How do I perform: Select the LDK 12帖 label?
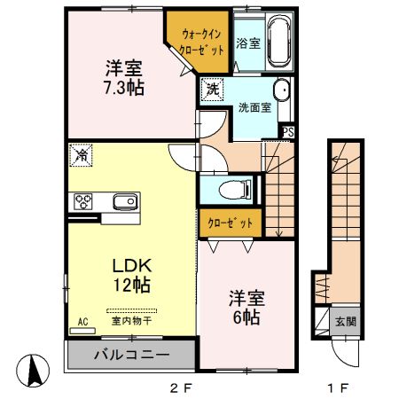point(130,275)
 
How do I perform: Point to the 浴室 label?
point(248,43)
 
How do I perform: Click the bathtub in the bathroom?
point(282,40)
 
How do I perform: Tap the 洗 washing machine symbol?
point(212,90)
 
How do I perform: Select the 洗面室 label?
point(254,108)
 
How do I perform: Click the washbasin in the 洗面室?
point(282,90)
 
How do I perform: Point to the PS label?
point(287,132)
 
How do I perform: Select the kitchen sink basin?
point(124,200)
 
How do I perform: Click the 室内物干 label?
point(130,320)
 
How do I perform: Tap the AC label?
point(82,321)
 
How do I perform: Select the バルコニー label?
point(132,356)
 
